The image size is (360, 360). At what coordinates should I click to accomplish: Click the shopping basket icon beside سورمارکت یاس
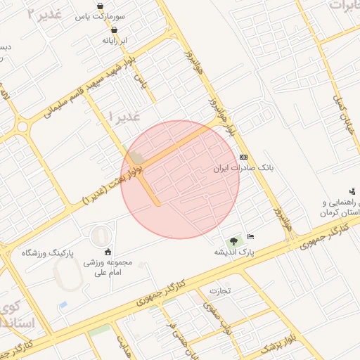101,6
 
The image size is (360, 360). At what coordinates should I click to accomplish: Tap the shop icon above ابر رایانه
114,30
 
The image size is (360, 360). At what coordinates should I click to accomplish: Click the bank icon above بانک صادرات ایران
244,157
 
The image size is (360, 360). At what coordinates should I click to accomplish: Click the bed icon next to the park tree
251,236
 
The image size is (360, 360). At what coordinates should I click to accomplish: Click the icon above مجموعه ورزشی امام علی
108,252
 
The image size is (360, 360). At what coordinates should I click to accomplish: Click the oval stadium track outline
102,235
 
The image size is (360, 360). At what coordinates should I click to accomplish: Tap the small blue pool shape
63,305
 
